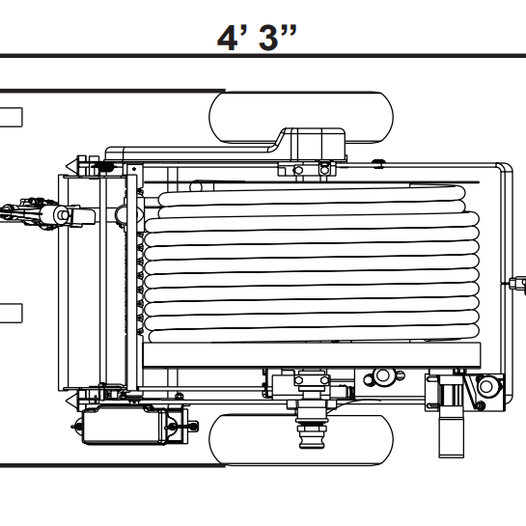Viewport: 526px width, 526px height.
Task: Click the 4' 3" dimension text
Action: click(x=257, y=38)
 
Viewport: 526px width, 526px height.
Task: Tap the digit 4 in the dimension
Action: click(x=229, y=38)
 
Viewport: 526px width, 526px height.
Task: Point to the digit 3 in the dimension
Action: click(x=268, y=38)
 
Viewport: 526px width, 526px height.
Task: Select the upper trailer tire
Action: click(x=301, y=117)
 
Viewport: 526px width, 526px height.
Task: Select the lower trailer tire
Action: click(x=301, y=440)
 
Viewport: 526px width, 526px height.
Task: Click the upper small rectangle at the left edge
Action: click(x=11, y=118)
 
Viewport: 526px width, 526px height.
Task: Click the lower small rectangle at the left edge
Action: click(x=11, y=314)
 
